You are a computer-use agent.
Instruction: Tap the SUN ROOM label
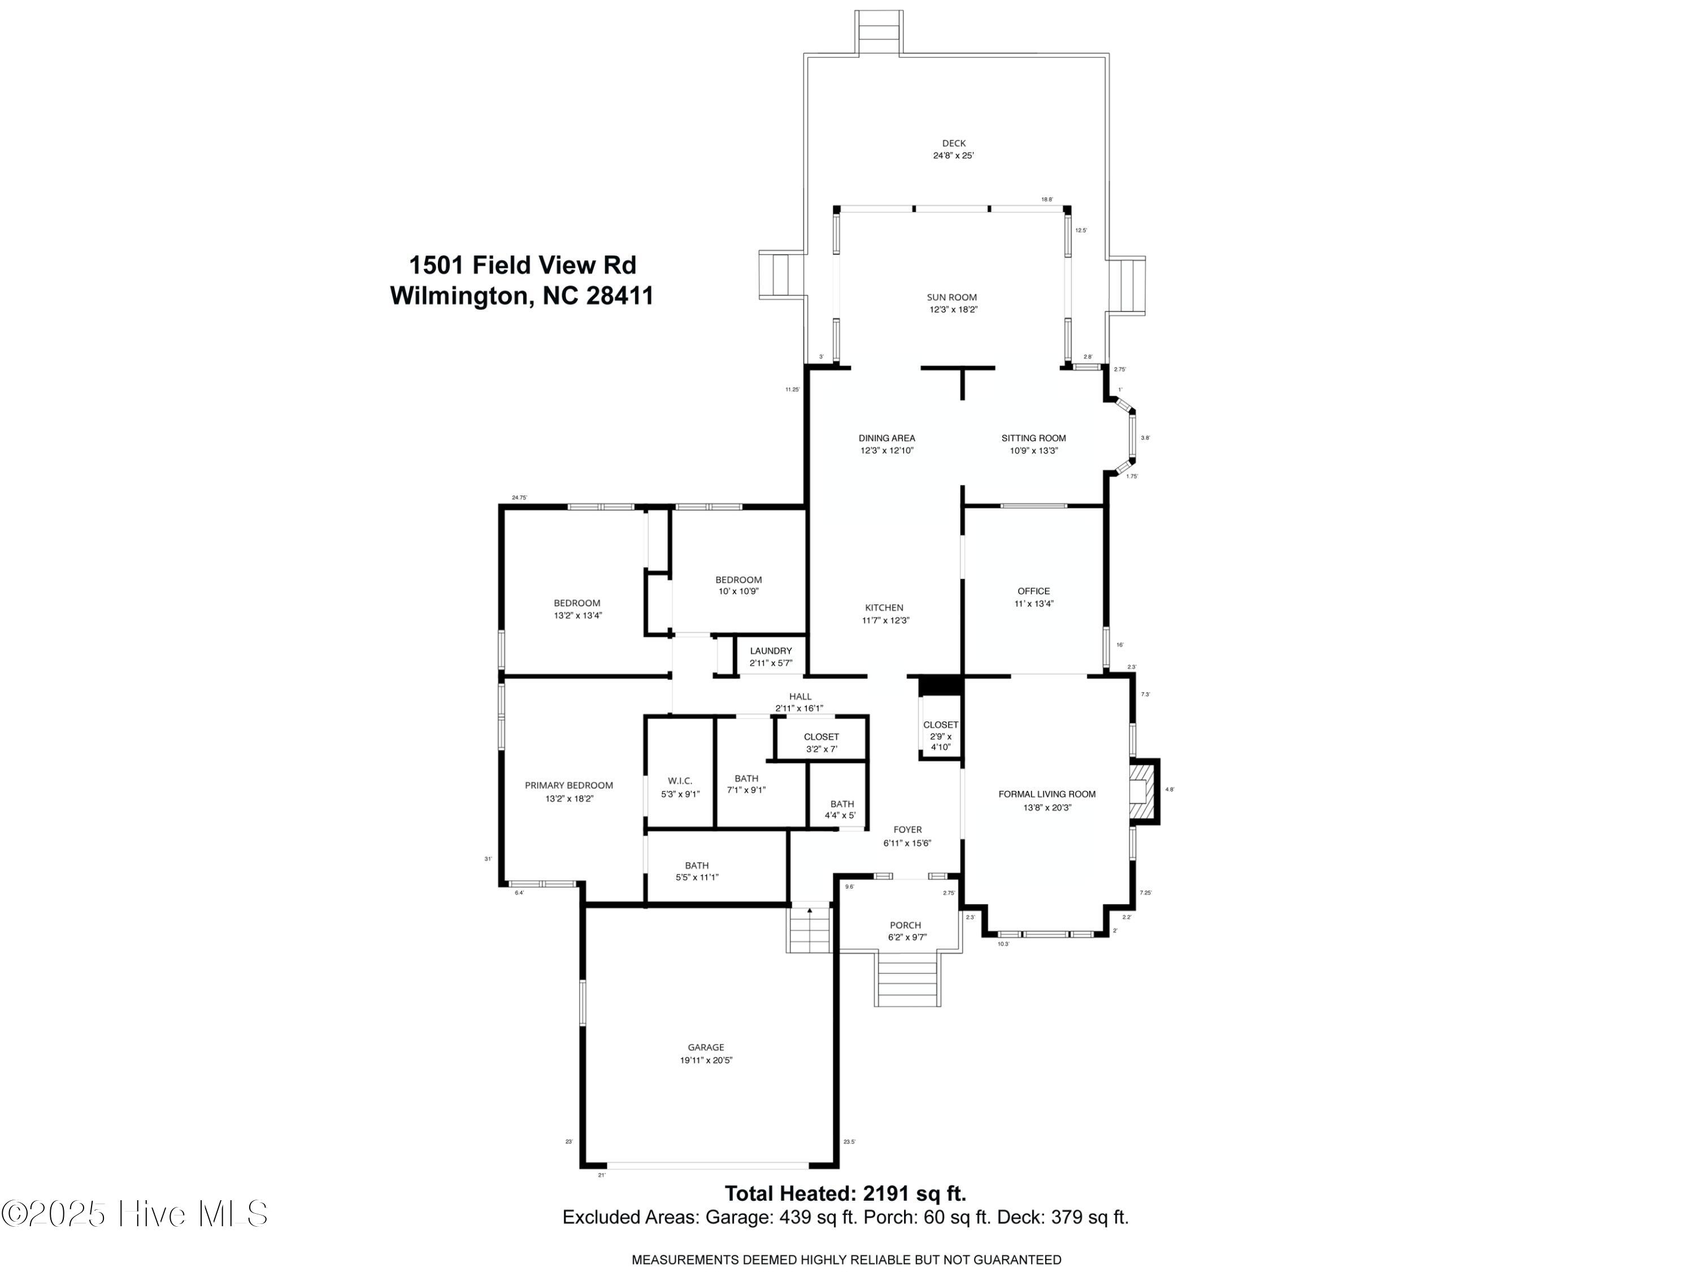[x=951, y=297]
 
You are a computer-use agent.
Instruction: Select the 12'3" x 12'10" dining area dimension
[x=886, y=451]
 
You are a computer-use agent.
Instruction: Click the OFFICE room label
[x=1033, y=591]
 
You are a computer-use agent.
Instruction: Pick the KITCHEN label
[x=885, y=608]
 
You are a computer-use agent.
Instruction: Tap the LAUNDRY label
[x=770, y=651]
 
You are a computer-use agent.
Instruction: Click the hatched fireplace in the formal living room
[x=1144, y=791]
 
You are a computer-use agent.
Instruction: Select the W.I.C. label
[x=679, y=781]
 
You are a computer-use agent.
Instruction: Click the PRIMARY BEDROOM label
[x=568, y=785]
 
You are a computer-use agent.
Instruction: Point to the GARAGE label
[x=705, y=1048]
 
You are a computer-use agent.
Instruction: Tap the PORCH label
[x=905, y=925]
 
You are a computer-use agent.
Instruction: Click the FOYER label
[x=907, y=829]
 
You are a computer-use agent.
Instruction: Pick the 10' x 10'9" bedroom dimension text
[x=738, y=591]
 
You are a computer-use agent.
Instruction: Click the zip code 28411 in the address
[x=619, y=296]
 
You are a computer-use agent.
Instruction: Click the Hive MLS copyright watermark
[x=135, y=1214]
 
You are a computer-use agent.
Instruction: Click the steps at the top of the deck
[x=879, y=32]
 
